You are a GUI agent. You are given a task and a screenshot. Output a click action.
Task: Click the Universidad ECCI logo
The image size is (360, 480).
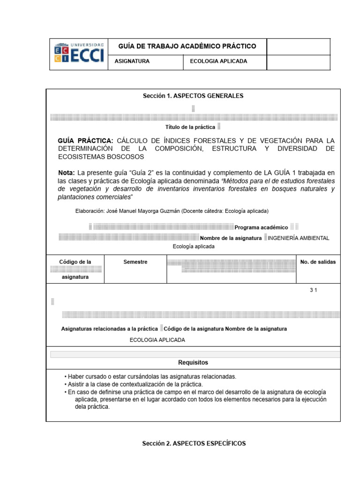tap(79, 54)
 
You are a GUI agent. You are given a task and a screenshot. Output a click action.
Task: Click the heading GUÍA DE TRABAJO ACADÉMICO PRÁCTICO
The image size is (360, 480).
tap(187, 46)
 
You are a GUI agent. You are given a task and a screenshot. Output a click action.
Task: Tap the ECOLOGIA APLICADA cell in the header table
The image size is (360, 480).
tap(218, 61)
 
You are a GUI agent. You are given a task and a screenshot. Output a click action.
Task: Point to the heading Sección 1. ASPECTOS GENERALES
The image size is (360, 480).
tap(193, 96)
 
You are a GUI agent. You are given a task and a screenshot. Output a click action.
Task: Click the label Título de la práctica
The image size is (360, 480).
tap(190, 127)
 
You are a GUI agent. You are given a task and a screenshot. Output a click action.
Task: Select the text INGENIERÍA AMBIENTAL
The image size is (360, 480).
tap(298, 238)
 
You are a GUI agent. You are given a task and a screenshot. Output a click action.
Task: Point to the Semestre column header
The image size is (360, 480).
tap(135, 262)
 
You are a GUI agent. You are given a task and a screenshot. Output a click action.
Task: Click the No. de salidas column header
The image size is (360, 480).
tap(318, 262)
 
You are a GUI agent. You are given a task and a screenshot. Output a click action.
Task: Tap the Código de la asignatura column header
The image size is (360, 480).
tap(75, 269)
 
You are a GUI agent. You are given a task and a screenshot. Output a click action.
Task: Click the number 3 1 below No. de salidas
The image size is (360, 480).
tap(313, 291)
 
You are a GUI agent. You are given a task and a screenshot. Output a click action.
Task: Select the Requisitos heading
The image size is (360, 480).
tap(193, 362)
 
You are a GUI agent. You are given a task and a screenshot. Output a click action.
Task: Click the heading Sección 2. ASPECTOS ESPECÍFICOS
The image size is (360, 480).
tap(194, 443)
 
